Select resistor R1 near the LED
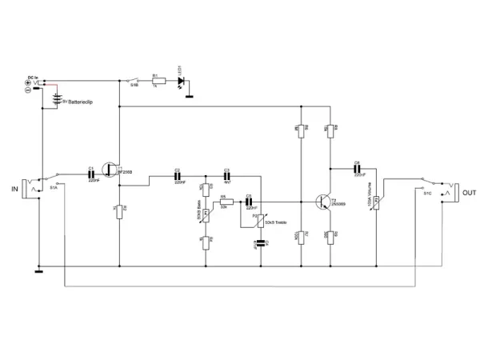click(158, 81)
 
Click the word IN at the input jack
click(14, 189)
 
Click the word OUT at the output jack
click(470, 193)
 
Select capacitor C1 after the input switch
click(92, 175)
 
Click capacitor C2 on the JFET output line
click(178, 175)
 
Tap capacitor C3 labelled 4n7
click(226, 175)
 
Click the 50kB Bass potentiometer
click(205, 214)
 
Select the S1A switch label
click(53, 187)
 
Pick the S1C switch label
click(427, 194)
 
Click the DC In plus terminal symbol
click(29, 82)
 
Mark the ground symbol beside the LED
click(190, 96)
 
